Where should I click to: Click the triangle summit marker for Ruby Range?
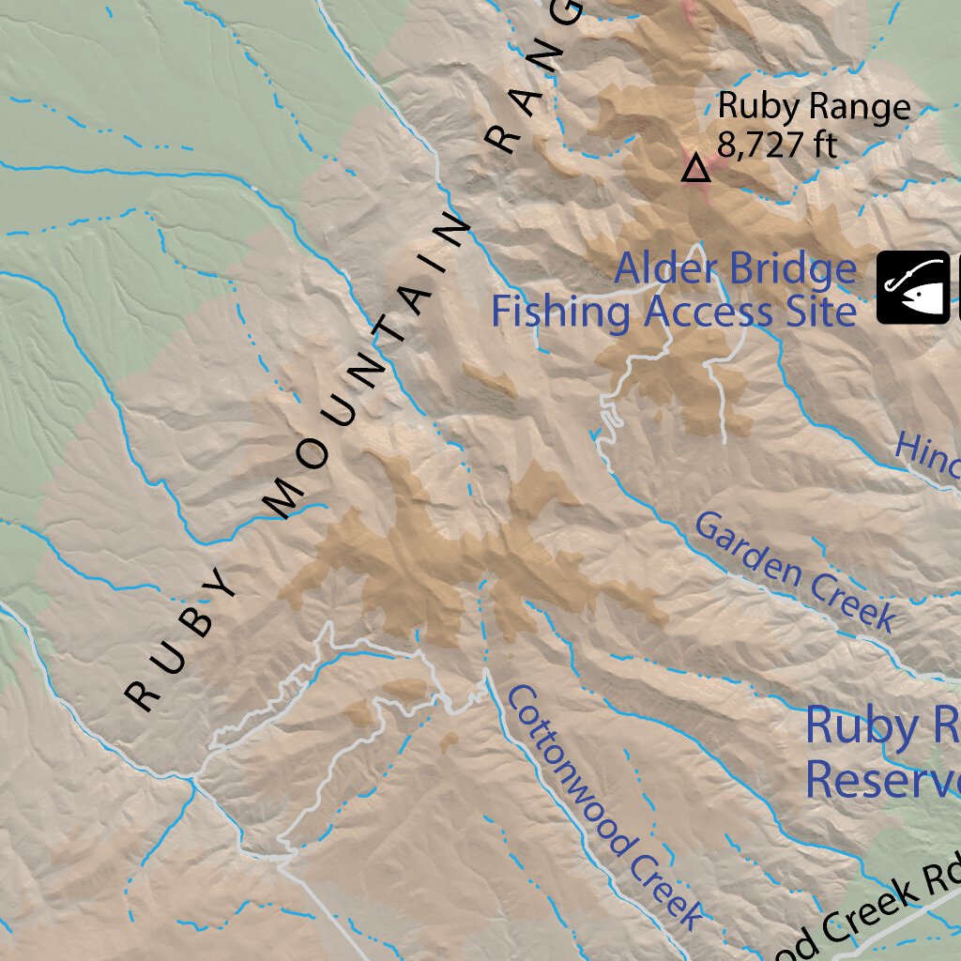click(695, 169)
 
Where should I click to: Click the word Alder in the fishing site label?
click(657, 270)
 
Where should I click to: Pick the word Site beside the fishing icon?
click(821, 312)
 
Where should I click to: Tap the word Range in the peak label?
click(856, 107)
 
